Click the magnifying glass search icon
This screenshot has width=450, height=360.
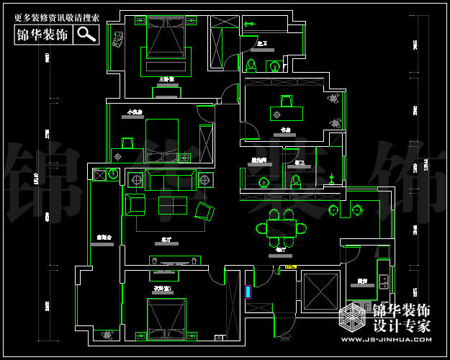(x=86, y=34)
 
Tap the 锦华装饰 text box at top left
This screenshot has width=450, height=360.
(x=44, y=34)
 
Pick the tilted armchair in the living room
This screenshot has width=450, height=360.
(x=204, y=211)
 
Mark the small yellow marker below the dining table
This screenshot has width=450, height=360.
(x=290, y=267)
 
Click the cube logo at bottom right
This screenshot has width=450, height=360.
(x=352, y=318)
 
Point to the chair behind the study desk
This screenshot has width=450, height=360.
(x=286, y=99)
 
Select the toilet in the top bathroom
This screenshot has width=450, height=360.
(x=251, y=66)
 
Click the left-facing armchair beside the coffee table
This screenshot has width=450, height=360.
(x=135, y=204)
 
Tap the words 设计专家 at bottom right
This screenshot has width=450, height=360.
(x=401, y=325)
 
